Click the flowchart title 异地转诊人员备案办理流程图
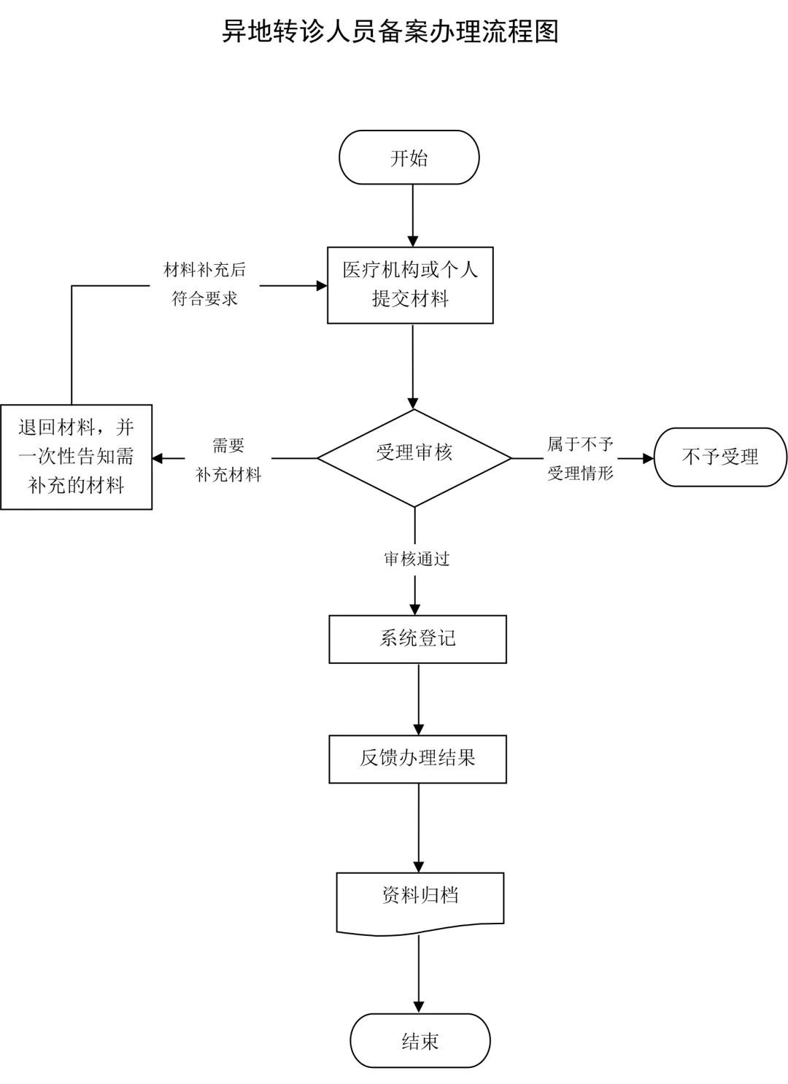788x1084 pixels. point(390,31)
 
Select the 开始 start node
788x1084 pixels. point(409,158)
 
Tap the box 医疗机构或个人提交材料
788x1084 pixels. point(410,284)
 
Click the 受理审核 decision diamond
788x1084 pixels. point(414,457)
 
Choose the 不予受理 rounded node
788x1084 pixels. point(720,457)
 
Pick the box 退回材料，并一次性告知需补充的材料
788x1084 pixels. point(76,457)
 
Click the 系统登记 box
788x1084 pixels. point(417,639)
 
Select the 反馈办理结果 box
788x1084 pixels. point(417,759)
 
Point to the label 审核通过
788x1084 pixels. point(417,559)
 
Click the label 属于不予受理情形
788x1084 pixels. point(581,458)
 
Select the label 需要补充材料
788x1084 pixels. point(228,460)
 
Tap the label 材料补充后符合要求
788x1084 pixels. point(205,284)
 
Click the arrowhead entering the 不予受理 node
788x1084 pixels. point(648,458)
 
